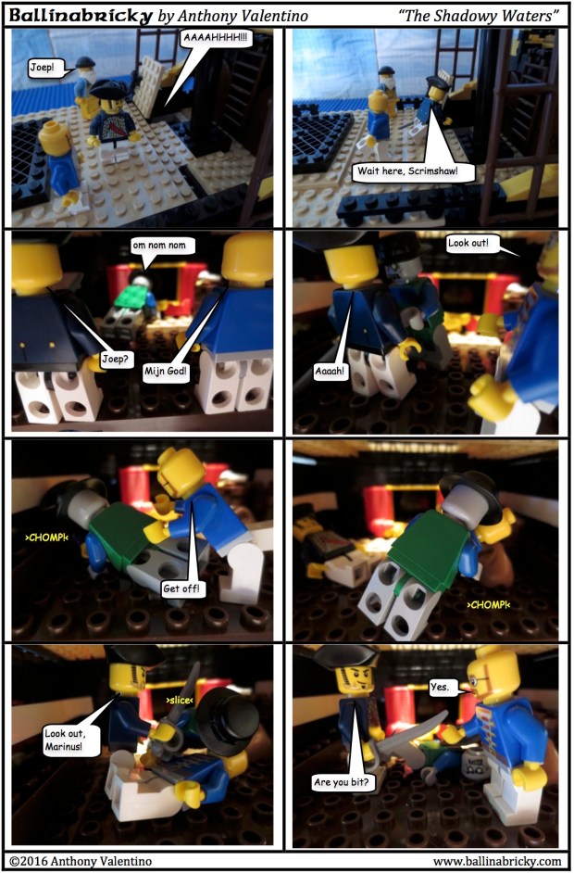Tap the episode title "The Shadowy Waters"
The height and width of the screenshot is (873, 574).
[x=479, y=16]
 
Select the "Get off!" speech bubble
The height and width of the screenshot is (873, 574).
[x=178, y=587]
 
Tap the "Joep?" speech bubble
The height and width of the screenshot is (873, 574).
[x=115, y=359]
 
